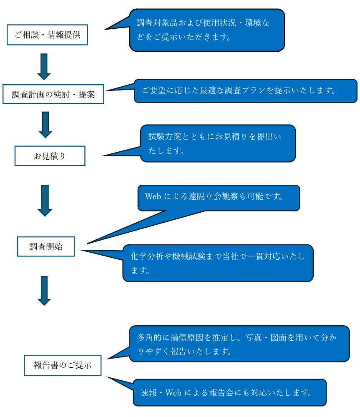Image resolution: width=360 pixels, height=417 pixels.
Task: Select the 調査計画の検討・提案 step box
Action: (x=53, y=94)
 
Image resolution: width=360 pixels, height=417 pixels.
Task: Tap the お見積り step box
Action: (x=50, y=156)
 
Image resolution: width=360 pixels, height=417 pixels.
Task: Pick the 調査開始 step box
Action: (x=46, y=246)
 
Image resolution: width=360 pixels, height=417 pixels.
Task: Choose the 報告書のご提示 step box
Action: (x=63, y=365)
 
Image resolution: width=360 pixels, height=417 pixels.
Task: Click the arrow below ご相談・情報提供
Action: (x=44, y=66)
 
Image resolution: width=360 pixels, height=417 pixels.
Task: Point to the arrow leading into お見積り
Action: (x=45, y=124)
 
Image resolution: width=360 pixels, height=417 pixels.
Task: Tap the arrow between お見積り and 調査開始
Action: (x=45, y=200)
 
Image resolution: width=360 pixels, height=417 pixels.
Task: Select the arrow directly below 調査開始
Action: (x=44, y=290)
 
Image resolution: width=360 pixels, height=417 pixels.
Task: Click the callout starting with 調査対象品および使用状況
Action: (x=207, y=30)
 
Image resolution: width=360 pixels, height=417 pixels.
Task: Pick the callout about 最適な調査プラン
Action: (x=245, y=90)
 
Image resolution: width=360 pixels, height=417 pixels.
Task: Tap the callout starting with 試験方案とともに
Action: (x=218, y=143)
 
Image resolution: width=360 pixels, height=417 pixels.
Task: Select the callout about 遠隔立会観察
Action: (x=219, y=198)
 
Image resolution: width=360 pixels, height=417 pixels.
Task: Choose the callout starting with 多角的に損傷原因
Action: (x=239, y=344)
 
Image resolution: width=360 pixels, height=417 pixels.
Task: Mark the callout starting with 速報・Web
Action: (x=229, y=392)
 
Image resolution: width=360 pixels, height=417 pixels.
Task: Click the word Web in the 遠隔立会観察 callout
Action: (x=153, y=196)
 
